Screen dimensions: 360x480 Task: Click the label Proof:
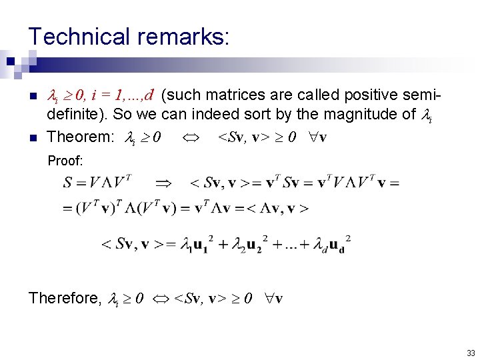coord(65,161)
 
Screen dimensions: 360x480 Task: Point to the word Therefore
coord(64,298)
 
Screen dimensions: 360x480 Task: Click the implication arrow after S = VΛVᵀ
coord(163,182)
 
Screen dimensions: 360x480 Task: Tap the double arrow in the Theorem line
coord(189,138)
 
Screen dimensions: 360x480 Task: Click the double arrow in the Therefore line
coord(160,299)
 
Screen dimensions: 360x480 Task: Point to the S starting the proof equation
coord(68,182)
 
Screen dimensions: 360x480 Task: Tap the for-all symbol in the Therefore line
coord(267,299)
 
